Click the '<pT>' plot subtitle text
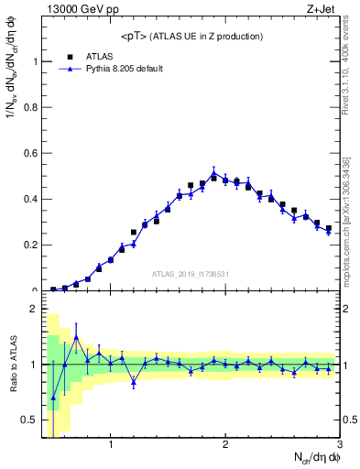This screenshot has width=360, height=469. point(192,36)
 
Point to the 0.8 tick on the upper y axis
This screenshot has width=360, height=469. point(32,107)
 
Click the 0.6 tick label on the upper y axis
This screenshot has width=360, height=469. point(32,153)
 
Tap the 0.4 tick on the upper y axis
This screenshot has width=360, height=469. point(32,199)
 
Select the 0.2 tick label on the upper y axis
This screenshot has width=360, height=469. point(32,245)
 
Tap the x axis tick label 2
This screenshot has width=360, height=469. point(224,446)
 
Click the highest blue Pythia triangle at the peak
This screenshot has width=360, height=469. point(213,172)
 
